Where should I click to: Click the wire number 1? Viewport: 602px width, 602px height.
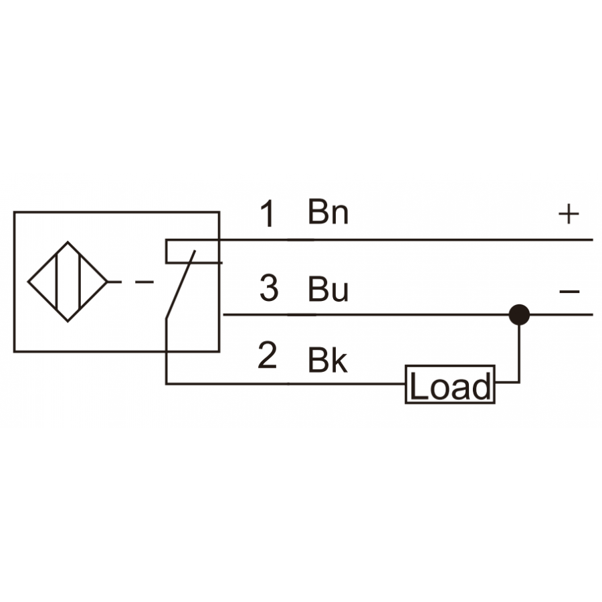click(x=268, y=213)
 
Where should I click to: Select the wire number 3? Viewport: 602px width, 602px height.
click(x=269, y=288)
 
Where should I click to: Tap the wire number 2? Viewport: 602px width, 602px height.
click(x=267, y=355)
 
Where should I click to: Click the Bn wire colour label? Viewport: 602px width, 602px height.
click(x=328, y=211)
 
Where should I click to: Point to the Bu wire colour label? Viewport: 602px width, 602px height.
click(x=328, y=289)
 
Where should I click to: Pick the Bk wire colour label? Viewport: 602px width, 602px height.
click(x=328, y=360)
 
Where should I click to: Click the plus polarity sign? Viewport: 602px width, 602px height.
click(x=569, y=214)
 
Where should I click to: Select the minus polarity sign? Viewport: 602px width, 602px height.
click(x=569, y=292)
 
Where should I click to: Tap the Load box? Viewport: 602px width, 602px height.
click(x=450, y=385)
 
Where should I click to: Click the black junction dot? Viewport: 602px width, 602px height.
click(x=519, y=315)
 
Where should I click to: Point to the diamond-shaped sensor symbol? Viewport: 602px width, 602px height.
click(x=68, y=282)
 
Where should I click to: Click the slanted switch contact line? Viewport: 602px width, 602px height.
click(x=181, y=284)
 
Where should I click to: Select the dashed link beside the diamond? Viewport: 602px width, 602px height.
click(x=131, y=282)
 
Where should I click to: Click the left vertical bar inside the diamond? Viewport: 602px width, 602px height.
click(x=56, y=282)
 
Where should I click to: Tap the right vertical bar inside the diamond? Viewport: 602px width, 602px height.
click(x=80, y=282)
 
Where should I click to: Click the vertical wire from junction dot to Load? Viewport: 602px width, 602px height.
click(x=519, y=353)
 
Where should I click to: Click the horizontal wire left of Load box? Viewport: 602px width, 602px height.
click(x=285, y=383)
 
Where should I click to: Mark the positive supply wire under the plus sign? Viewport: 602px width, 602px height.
click(x=406, y=239)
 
